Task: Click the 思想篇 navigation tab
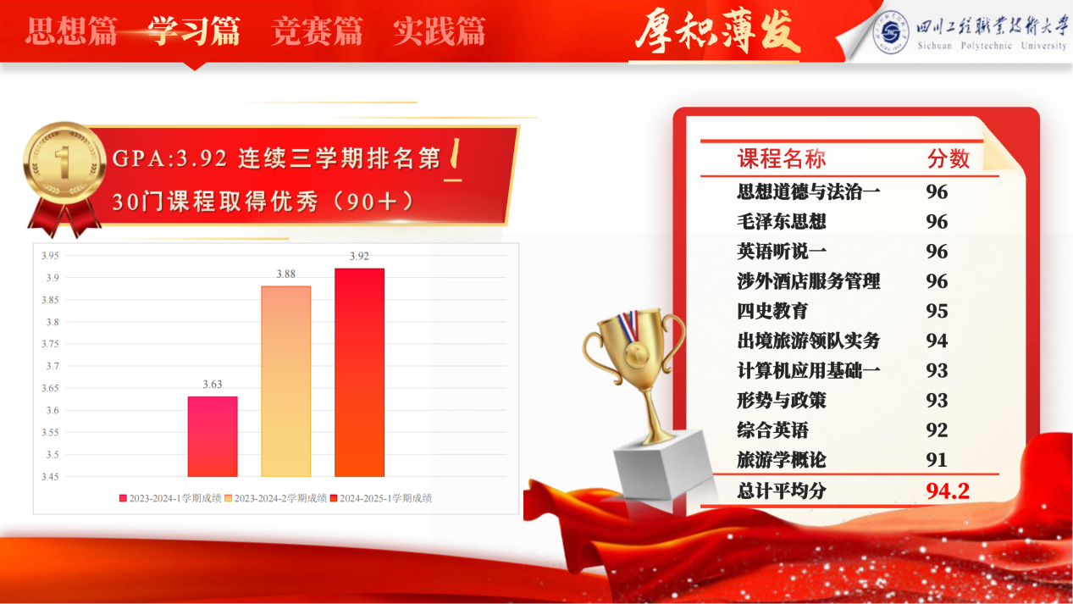[71, 31]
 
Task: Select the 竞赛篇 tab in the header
[317, 31]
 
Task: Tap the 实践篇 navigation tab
[440, 31]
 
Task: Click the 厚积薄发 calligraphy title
[717, 31]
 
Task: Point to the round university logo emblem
[890, 32]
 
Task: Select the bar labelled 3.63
[213, 436]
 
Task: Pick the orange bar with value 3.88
[286, 381]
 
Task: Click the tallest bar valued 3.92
[359, 372]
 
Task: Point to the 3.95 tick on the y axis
[50, 256]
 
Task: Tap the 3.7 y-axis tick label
[53, 367]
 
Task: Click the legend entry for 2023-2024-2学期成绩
[275, 498]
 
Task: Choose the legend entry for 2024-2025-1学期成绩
[381, 498]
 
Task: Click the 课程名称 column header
[782, 158]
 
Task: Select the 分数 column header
[949, 158]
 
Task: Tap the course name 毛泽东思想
[782, 222]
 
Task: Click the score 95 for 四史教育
[937, 312]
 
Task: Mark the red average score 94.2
[948, 491]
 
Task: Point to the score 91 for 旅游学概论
[937, 460]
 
